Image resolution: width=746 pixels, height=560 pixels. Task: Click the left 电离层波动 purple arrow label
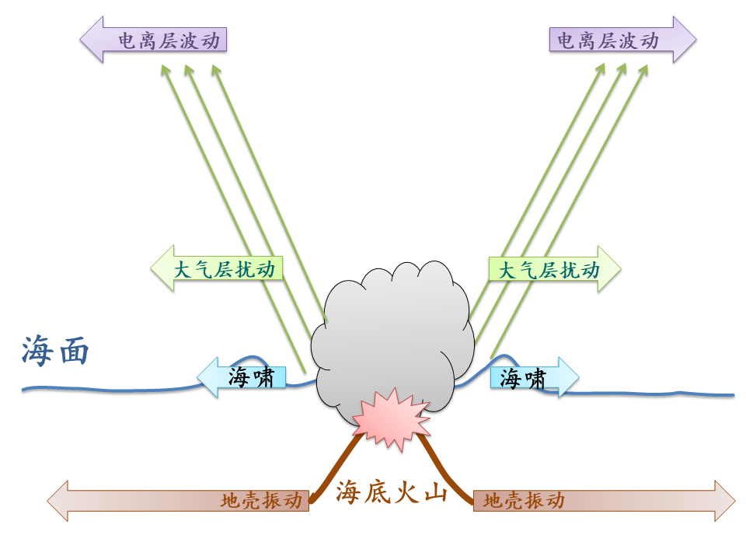pos(155,40)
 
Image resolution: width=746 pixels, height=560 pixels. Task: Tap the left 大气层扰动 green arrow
pos(217,270)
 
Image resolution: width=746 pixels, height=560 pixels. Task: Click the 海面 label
pos(55,351)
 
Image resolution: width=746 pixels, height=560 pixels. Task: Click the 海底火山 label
pos(392,492)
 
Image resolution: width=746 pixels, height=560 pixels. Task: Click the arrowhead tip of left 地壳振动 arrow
pos(49,500)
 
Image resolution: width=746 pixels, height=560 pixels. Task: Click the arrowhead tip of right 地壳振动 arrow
pos(734,500)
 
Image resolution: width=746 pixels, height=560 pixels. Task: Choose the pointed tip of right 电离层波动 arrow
pos(695,40)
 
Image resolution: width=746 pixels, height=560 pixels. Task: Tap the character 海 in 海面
pos(37,351)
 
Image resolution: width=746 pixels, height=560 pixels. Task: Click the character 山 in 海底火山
pos(434,492)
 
